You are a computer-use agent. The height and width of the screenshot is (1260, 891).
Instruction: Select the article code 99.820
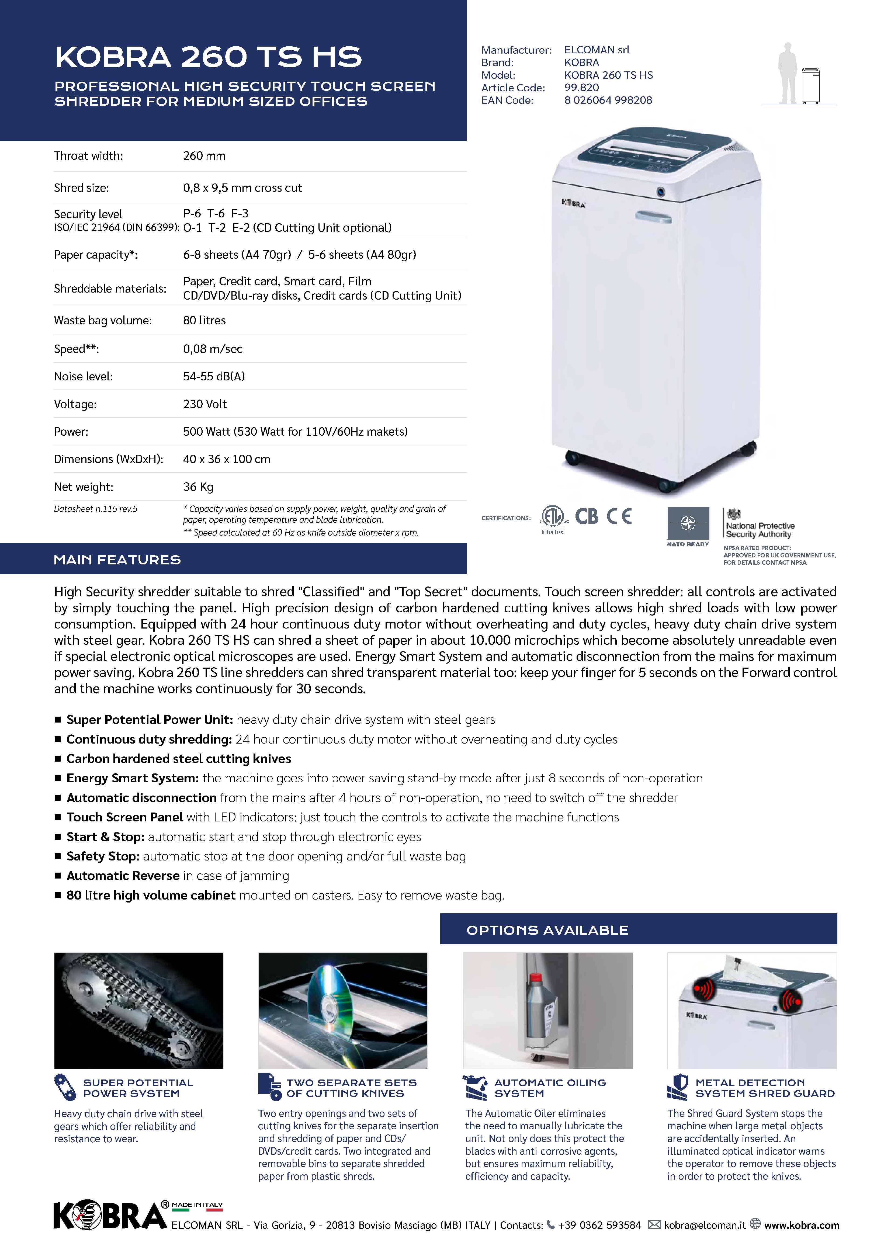point(581,87)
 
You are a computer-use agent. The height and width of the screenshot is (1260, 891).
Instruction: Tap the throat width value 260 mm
point(204,156)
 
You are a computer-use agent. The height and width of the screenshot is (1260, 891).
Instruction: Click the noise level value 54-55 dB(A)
point(214,376)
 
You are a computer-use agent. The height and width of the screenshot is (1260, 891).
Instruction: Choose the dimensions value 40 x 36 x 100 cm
point(227,459)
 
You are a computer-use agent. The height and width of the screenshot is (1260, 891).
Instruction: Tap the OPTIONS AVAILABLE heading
point(547,930)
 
